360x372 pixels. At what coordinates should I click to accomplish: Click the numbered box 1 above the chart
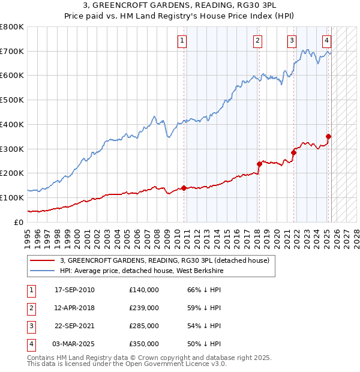tap(181, 41)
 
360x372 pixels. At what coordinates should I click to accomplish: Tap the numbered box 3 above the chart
tap(292, 41)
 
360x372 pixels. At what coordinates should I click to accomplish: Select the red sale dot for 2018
tap(259, 163)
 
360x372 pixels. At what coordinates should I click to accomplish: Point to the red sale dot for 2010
tap(184, 188)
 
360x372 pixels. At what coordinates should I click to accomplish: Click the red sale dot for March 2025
tap(328, 136)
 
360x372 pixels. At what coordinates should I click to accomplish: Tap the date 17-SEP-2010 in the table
tap(74, 290)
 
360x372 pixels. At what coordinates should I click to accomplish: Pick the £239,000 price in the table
tap(144, 308)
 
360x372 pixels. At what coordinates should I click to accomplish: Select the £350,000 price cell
tap(144, 344)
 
